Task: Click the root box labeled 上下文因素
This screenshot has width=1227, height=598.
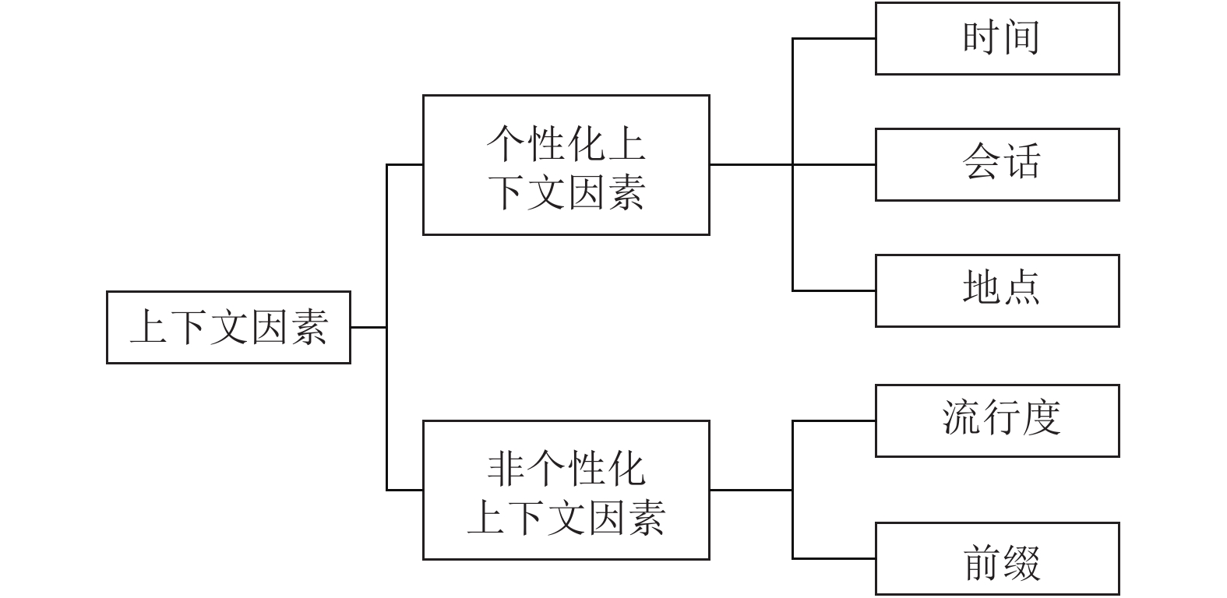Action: click(228, 327)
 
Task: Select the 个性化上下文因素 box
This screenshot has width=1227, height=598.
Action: click(566, 165)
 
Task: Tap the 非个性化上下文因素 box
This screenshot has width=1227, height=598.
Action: click(566, 490)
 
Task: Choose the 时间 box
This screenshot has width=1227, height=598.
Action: click(997, 38)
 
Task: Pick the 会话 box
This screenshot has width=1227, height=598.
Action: click(997, 164)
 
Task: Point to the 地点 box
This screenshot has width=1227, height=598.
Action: click(997, 290)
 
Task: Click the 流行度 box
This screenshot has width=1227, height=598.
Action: click(997, 420)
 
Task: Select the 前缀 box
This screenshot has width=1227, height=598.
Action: click(997, 558)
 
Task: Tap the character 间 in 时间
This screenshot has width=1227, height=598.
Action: click(1021, 38)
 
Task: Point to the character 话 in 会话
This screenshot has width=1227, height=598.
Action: click(1021, 163)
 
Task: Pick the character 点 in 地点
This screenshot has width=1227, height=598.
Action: click(1021, 289)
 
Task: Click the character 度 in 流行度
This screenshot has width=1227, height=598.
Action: click(1041, 419)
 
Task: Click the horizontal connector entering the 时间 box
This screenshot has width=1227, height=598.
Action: click(834, 38)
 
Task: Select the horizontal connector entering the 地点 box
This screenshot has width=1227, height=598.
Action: click(834, 290)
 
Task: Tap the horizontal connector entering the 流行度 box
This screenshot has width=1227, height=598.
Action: click(834, 420)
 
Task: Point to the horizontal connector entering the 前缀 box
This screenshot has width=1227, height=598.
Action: click(834, 558)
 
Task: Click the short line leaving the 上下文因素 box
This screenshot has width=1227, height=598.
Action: click(368, 327)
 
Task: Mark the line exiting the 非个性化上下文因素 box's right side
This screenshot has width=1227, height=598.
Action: click(750, 490)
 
